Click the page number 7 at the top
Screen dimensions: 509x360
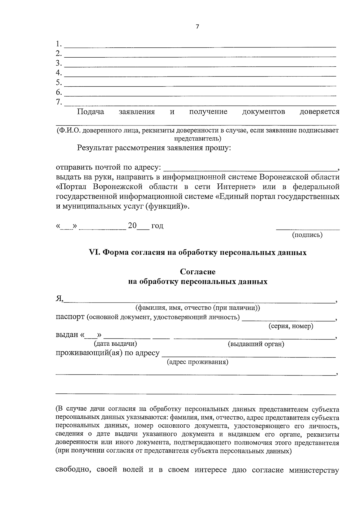tap(197, 27)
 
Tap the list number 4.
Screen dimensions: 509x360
tap(58, 73)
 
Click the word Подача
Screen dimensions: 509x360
tap(91, 112)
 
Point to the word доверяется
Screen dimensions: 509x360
tap(319, 112)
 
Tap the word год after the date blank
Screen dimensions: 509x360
tap(157, 226)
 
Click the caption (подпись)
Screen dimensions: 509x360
tap(307, 235)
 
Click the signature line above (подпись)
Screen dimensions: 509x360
tap(307, 229)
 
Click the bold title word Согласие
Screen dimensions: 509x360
tap(198, 272)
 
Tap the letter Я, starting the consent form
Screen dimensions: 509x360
tap(59, 299)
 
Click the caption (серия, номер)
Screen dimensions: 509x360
tap(291, 326)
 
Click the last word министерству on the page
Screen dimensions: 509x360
tap(314, 470)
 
